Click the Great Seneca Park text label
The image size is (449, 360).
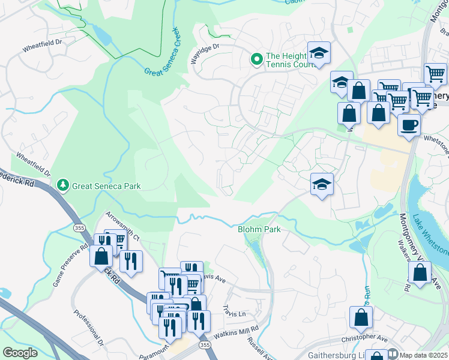click(x=106, y=186)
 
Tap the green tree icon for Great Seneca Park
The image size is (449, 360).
click(x=62, y=185)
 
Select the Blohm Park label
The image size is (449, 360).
click(x=259, y=229)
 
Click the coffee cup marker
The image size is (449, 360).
click(x=409, y=125)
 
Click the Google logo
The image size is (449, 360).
click(x=20, y=353)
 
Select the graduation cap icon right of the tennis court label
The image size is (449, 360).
click(x=319, y=53)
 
